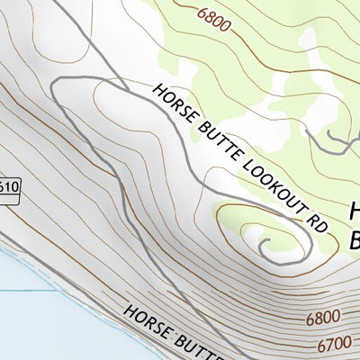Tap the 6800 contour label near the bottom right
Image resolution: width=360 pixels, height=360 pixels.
point(323,318)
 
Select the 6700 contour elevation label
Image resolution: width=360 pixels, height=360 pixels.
point(334,344)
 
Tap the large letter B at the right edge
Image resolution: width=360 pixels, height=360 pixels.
point(354,239)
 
